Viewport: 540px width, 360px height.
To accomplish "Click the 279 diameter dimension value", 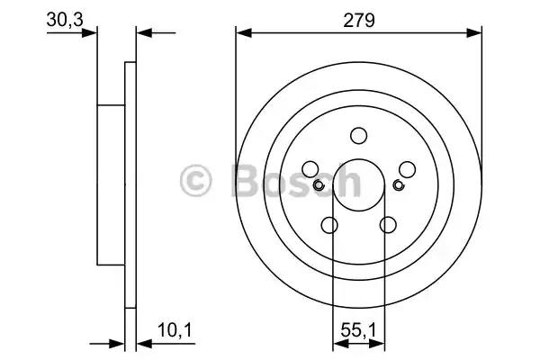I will [359, 18].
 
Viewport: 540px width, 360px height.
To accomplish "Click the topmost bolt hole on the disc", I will [359, 136].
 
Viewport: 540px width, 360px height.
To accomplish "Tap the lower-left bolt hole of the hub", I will [329, 225].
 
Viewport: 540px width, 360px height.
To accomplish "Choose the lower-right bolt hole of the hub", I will [389, 225].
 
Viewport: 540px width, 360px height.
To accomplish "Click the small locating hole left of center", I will [319, 185].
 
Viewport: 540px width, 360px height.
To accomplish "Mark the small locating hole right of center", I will [399, 185].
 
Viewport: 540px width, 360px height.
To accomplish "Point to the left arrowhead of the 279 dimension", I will [241, 32].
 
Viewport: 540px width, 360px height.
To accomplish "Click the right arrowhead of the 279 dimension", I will [476, 32].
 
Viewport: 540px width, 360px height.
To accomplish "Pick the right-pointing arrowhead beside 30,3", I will [90, 33].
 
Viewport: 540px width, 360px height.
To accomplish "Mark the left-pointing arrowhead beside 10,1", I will [142, 343].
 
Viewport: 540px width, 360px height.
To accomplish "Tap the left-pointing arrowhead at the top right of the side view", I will [142, 33].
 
